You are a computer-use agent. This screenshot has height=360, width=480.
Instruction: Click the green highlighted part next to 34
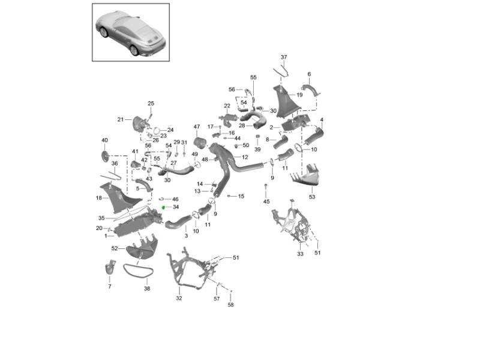[163, 208]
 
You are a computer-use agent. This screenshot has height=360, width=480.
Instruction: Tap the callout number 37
[284, 57]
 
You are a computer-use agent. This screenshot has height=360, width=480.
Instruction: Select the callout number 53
[312, 197]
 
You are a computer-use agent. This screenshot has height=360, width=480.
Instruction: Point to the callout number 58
[230, 305]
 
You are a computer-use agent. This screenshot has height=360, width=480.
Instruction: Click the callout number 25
[151, 103]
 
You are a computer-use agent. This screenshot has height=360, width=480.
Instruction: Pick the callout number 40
[104, 140]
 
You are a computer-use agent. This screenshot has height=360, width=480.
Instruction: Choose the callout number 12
[245, 157]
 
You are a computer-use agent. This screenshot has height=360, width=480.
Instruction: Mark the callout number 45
[266, 202]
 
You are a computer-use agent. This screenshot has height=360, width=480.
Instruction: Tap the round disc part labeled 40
[105, 156]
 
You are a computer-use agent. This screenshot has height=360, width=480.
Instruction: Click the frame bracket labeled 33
[291, 221]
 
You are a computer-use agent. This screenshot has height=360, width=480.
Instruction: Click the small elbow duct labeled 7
[110, 267]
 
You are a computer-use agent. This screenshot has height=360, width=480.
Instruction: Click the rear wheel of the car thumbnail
[134, 50]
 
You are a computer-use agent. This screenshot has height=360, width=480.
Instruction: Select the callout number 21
[121, 119]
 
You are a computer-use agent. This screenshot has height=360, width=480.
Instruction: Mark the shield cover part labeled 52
[142, 247]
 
